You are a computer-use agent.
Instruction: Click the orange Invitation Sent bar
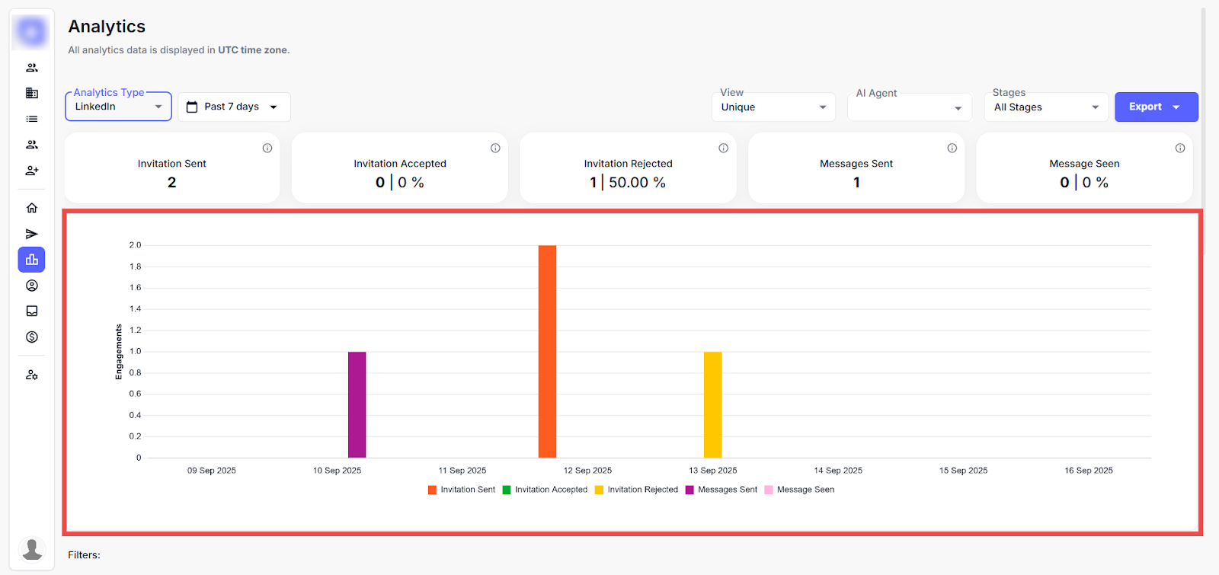click(x=547, y=351)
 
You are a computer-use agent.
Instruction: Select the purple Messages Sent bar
click(x=357, y=404)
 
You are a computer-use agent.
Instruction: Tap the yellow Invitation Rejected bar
click(x=712, y=404)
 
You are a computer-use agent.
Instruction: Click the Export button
click(x=1155, y=107)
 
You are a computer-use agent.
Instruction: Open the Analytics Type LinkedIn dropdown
click(x=118, y=107)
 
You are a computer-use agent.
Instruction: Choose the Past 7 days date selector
click(x=234, y=107)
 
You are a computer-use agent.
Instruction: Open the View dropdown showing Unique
click(x=773, y=107)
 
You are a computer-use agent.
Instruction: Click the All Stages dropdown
click(x=1046, y=107)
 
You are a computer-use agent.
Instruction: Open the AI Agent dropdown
click(x=909, y=107)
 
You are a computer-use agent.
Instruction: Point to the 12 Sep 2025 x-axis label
click(x=587, y=471)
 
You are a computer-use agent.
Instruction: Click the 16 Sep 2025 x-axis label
click(x=1088, y=471)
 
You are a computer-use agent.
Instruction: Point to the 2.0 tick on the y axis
click(x=135, y=245)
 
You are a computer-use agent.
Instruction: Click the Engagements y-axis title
click(x=119, y=352)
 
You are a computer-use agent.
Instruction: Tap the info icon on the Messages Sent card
click(x=952, y=149)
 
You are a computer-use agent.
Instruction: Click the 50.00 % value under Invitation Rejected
click(x=637, y=183)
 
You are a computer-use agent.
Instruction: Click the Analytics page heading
click(x=107, y=27)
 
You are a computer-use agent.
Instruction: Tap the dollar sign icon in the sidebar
click(x=32, y=337)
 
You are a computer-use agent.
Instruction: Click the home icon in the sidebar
click(x=32, y=208)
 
